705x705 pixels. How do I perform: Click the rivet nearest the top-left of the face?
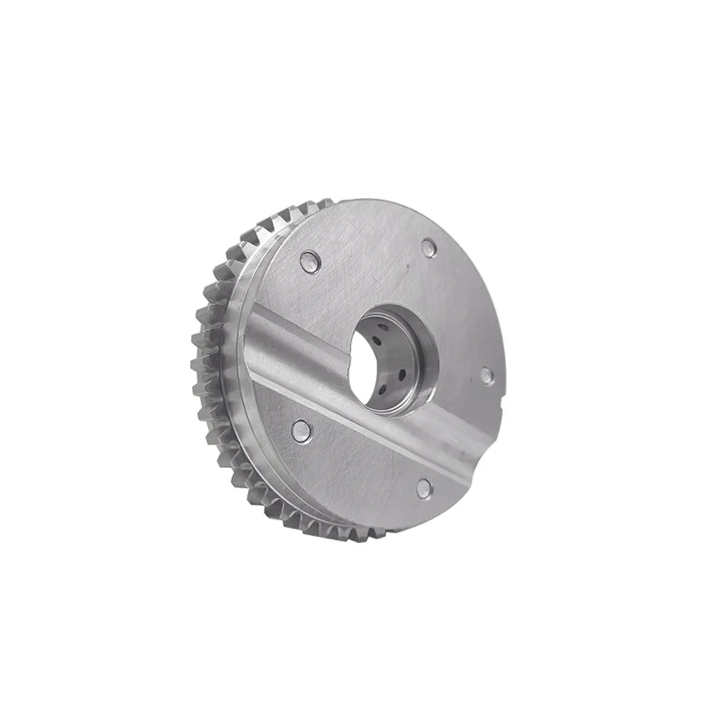308,262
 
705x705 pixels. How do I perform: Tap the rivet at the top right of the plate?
428,247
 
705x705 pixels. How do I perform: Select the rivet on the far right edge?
485,374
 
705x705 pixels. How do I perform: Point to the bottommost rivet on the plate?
424,486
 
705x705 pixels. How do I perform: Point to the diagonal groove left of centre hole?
296,345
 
